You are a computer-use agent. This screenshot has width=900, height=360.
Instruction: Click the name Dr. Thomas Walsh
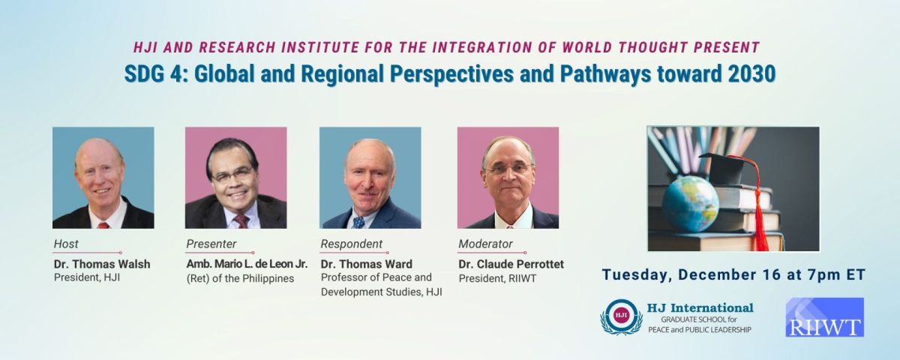pyautogui.click(x=102, y=264)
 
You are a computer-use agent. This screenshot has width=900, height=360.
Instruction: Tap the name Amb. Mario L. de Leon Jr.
pyautogui.click(x=247, y=264)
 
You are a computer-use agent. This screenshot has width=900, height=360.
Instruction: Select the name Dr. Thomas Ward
pyautogui.click(x=367, y=264)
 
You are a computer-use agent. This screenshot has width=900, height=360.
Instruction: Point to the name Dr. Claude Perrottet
pyautogui.click(x=511, y=264)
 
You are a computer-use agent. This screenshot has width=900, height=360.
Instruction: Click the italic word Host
pyautogui.click(x=66, y=244)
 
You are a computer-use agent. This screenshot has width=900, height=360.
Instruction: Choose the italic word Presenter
pyautogui.click(x=211, y=244)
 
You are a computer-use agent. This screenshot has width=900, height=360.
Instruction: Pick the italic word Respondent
pyautogui.click(x=352, y=244)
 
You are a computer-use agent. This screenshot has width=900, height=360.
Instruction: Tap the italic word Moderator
pyautogui.click(x=485, y=244)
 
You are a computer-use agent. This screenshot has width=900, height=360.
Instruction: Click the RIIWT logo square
pyautogui.click(x=825, y=317)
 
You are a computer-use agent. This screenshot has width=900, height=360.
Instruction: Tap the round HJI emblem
pyautogui.click(x=621, y=316)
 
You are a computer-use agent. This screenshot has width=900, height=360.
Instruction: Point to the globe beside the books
pyautogui.click(x=690, y=203)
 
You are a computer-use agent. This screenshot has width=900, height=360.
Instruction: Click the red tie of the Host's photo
pyautogui.click(x=103, y=226)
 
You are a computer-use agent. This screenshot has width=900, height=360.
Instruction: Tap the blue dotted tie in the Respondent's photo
pyautogui.click(x=358, y=223)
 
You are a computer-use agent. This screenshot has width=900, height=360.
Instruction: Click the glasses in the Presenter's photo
pyautogui.click(x=234, y=175)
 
